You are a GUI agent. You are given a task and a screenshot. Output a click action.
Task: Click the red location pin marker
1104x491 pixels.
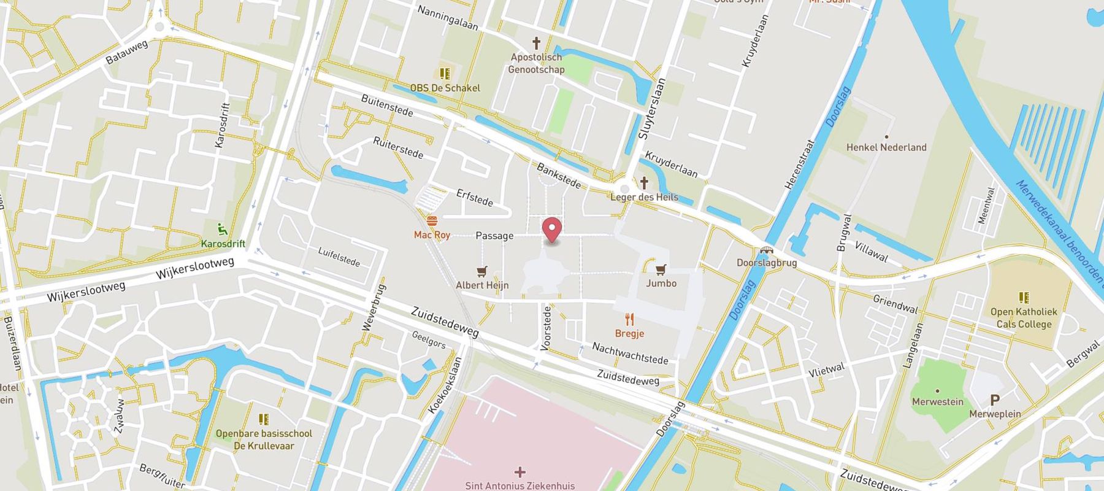pos(553,230)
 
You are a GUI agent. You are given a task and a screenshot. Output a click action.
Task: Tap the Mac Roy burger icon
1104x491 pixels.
pos(432,221)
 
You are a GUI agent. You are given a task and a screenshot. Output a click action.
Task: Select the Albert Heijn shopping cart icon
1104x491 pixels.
pos(482,271)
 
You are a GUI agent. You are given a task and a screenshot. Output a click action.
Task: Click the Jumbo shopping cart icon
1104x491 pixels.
pos(661,269)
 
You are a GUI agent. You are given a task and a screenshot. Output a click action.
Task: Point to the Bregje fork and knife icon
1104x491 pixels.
pos(629,319)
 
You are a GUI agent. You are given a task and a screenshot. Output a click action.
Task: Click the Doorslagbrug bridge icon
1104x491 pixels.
pos(766,250)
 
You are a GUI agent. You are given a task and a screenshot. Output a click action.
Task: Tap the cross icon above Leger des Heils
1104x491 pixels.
pos(644,183)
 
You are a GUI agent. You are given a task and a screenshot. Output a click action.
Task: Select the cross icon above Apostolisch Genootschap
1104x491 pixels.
pos(536,43)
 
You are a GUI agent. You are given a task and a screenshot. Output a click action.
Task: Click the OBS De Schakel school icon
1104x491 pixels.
pos(445,74)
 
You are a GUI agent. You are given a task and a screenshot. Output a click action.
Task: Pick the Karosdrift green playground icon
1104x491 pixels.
pos(223,230)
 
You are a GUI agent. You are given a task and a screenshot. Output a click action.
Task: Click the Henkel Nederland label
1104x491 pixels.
pos(886,147)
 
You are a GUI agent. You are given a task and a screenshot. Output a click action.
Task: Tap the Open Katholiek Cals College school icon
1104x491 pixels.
pos(1023,298)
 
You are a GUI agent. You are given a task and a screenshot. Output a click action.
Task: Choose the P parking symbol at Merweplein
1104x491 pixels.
pos(995,400)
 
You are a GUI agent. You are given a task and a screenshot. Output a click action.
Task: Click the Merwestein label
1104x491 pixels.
pos(937,402)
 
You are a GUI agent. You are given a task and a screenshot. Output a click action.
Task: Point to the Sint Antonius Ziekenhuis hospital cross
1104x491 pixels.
pos(520,472)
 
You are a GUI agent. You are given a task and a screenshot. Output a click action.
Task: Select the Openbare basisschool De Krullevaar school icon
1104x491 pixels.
pos(264,419)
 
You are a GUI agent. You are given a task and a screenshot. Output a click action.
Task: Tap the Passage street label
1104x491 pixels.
pos(494,236)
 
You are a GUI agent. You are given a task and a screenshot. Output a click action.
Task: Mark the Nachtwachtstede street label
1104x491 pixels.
pos(629,353)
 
